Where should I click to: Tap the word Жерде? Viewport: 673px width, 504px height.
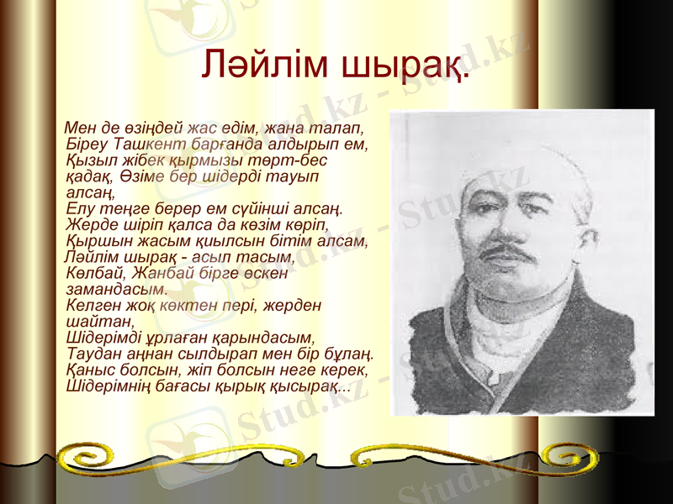click(x=88, y=224)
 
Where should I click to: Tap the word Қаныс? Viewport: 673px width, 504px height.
click(x=87, y=369)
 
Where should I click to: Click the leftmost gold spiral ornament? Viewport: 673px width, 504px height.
click(x=84, y=459)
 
